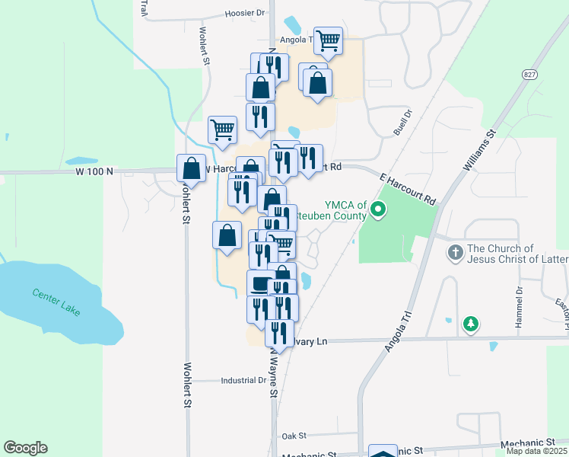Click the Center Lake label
tap(57, 303)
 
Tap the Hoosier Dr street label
tap(245, 13)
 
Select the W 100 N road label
tap(94, 171)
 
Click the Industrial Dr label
tap(243, 380)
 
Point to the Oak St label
tap(293, 436)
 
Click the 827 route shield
tap(529, 74)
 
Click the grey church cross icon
tap(455, 251)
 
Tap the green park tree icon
tap(472, 324)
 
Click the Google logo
tap(25, 448)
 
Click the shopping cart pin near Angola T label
tap(328, 41)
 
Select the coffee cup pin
tap(261, 284)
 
